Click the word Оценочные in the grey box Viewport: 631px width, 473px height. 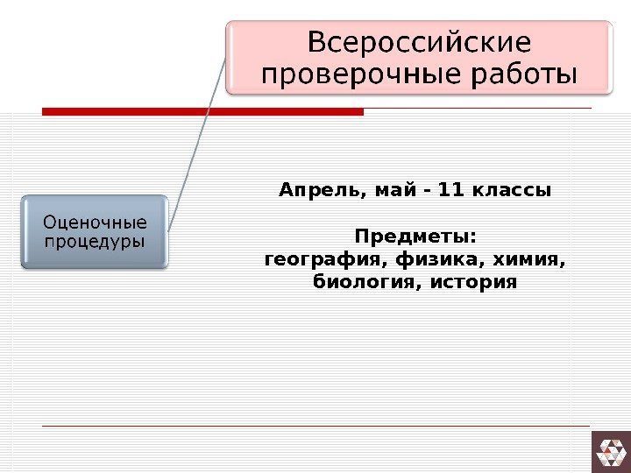96,222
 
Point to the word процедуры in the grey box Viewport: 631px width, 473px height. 96,240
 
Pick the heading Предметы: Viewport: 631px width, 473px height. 415,237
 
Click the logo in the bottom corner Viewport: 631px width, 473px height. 611,452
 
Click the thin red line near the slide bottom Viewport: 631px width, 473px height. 315,427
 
